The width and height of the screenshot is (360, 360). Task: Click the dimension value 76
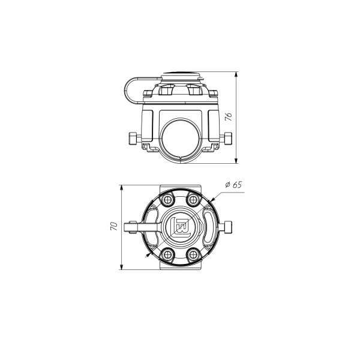click(229, 117)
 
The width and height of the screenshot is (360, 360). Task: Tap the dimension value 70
click(114, 226)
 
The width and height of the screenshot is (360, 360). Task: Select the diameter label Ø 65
click(233, 185)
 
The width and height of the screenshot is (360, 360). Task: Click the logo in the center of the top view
click(181, 227)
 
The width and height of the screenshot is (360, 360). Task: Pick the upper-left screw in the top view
click(169, 199)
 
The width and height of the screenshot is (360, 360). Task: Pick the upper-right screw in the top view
click(193, 199)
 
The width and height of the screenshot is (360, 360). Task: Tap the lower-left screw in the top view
click(169, 254)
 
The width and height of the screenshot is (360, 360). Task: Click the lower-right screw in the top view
click(193, 254)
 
